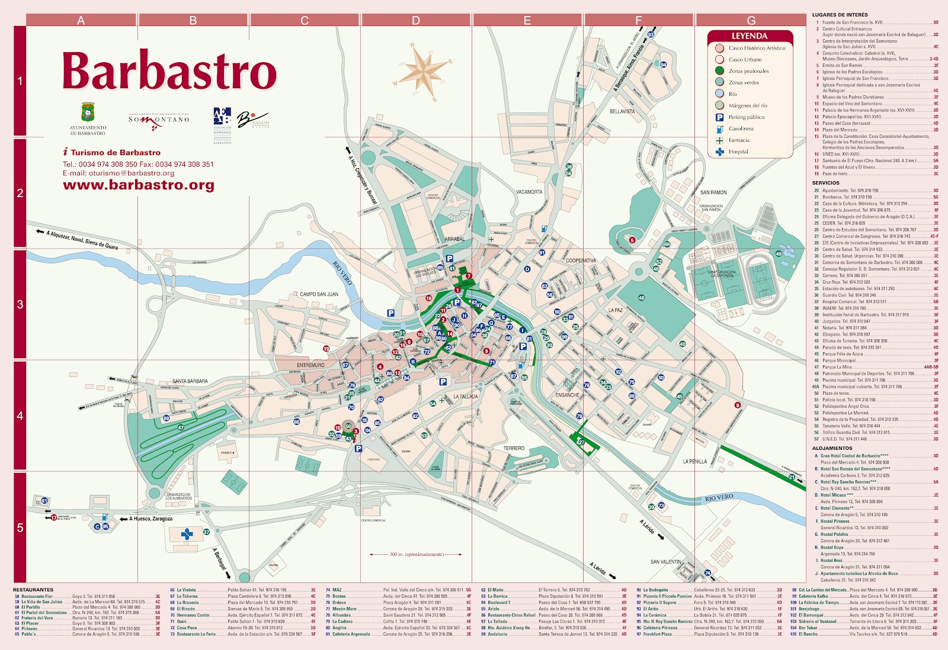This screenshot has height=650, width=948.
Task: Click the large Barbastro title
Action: (169, 72)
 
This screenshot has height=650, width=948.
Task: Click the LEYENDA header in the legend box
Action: (749, 36)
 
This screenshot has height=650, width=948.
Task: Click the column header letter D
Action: (415, 21)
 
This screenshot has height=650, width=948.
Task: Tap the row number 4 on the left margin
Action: (20, 416)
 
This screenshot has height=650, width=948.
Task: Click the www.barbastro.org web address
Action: (139, 185)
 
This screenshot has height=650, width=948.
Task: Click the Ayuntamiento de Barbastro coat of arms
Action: (88, 112)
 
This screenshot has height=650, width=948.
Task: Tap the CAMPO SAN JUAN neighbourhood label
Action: (319, 294)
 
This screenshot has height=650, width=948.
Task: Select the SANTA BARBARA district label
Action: (190, 381)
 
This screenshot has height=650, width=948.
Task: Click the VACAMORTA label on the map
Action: (529, 192)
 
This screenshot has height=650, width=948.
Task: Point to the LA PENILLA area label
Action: (694, 461)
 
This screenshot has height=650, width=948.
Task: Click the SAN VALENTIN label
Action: (665, 562)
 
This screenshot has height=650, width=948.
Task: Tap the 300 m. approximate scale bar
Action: (416, 555)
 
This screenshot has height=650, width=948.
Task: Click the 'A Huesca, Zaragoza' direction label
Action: (150, 519)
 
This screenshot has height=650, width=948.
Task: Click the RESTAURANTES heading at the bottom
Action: (33, 590)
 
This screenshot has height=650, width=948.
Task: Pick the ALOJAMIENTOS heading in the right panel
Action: (832, 448)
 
